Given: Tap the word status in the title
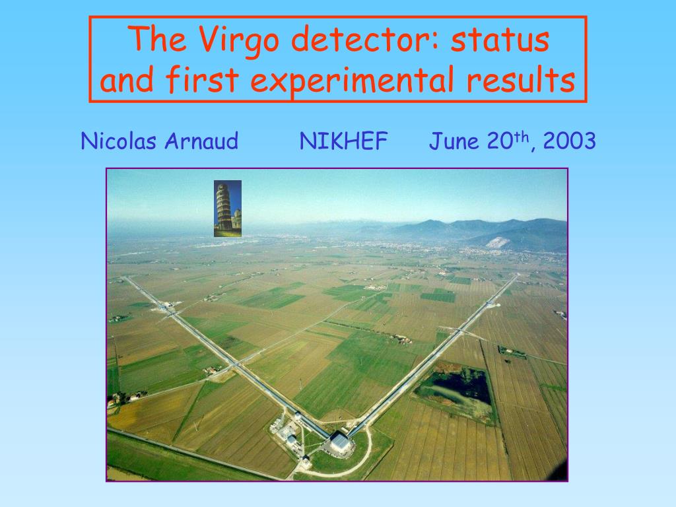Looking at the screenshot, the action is pos(500,40).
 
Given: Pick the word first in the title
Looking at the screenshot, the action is pos(202,79).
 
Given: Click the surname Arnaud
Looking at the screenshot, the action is pos(201,141).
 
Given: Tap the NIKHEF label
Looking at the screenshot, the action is pos(343,141).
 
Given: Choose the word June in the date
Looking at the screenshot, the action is pos(454,141).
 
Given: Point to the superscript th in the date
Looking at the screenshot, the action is pos(522,137).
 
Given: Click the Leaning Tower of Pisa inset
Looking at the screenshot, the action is pos(228,209).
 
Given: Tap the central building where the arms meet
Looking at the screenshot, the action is pos(340,442).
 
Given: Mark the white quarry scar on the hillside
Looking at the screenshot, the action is pos(498,243).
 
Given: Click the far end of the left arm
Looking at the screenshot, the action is pos(125,278).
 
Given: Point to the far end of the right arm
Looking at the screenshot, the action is pos(518,275).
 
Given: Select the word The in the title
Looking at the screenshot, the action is pos(157,40).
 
